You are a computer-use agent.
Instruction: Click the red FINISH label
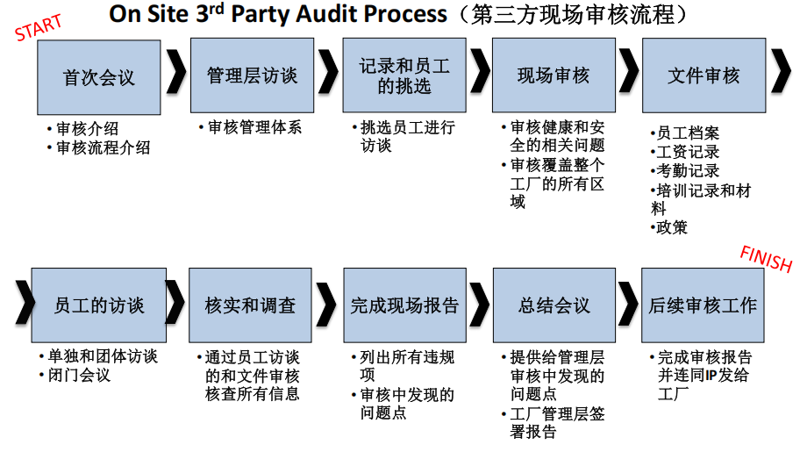[x=766, y=259]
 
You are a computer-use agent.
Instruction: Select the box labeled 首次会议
[x=99, y=76]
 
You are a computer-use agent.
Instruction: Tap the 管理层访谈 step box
[x=252, y=76]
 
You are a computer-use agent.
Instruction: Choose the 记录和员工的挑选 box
[x=404, y=76]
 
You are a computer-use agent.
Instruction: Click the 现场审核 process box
[x=554, y=76]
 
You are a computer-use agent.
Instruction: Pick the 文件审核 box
[x=704, y=76]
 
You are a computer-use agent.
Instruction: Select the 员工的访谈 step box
[x=99, y=305]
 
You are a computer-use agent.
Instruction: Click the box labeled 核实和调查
[x=250, y=305]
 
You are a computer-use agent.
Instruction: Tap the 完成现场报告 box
[x=404, y=305]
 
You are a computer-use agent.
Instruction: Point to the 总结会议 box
[x=554, y=305]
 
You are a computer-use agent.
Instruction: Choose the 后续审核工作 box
[x=703, y=305]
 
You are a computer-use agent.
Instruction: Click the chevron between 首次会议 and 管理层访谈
[x=175, y=76]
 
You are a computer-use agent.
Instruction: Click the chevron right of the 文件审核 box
[x=781, y=76]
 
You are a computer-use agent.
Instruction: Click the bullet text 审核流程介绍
[x=103, y=148]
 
